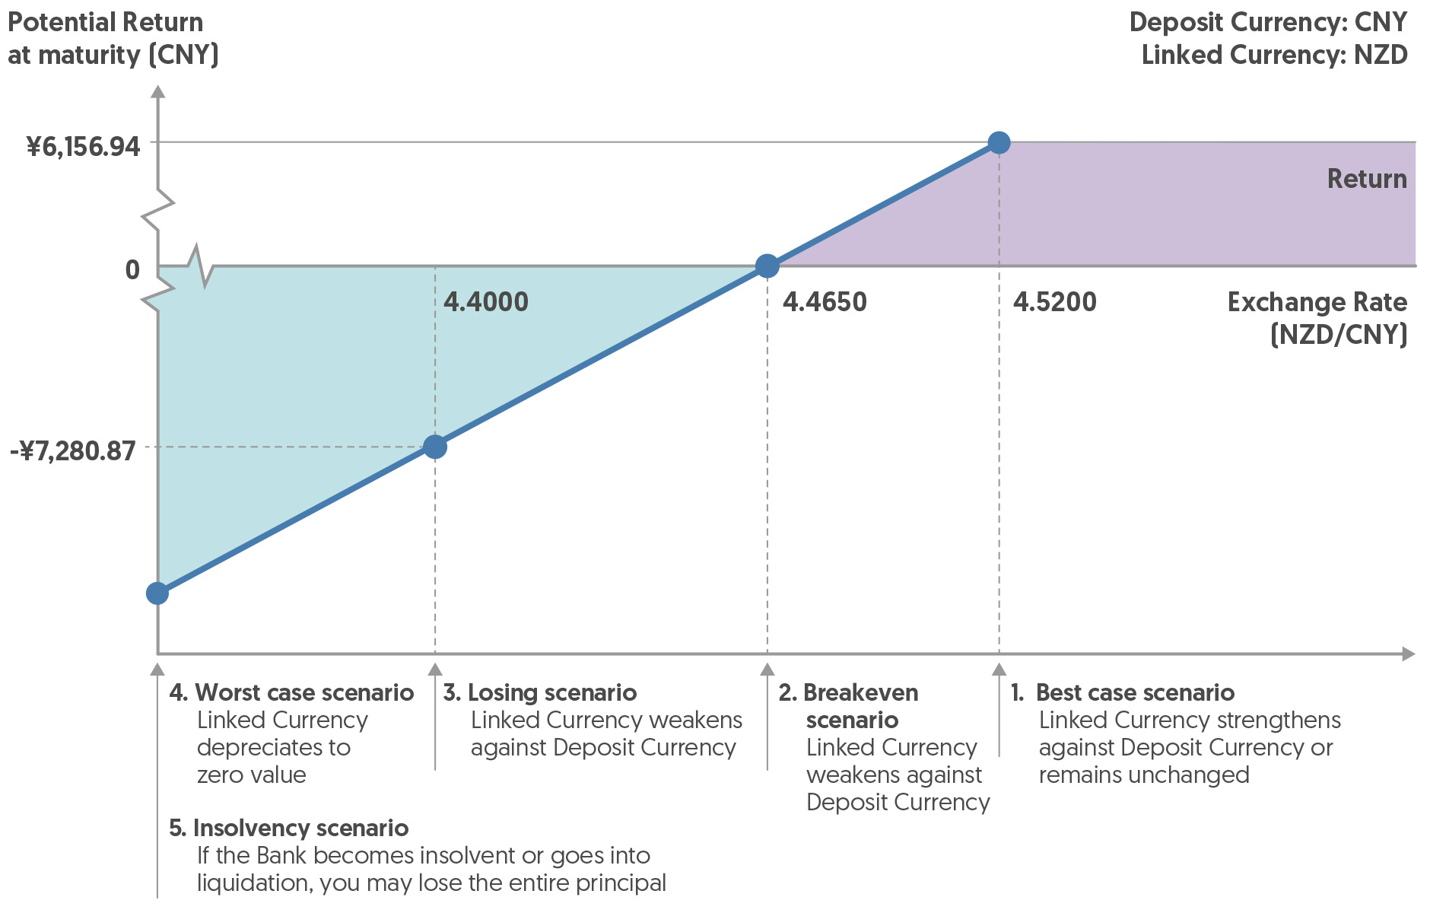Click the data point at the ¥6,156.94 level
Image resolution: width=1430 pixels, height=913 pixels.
coord(999,142)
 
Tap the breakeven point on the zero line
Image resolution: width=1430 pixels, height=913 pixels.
coord(767,266)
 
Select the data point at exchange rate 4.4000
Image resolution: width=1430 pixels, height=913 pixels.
coord(435,447)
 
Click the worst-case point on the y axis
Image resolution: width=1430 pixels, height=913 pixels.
coord(157,593)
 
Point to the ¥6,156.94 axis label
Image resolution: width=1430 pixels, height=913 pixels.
coord(84,146)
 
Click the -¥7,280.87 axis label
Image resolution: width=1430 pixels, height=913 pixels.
coord(73,450)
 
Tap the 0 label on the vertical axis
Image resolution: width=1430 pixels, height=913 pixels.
coord(132,269)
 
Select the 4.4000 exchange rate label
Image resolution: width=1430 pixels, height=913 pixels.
coord(485,302)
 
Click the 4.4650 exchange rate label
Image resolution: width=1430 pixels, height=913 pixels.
coord(825,302)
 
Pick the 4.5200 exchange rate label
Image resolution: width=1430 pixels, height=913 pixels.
coord(1054,302)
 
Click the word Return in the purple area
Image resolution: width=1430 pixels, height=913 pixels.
coord(1366,179)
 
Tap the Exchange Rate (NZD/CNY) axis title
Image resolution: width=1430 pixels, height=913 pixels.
coord(1317,318)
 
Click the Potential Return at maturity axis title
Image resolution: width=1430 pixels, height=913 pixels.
coord(113,38)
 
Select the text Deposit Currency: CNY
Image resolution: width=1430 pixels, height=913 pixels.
coord(1268,22)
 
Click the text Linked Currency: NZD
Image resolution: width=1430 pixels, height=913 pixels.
coord(1274,55)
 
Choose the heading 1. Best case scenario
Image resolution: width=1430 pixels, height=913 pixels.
coord(1123,692)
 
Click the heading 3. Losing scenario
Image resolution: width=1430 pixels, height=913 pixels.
coord(540,692)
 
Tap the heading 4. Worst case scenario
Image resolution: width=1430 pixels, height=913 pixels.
coord(291,692)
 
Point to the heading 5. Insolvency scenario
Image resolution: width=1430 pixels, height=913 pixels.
coord(289,828)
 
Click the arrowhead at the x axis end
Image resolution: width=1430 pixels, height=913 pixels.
coord(1409,654)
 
